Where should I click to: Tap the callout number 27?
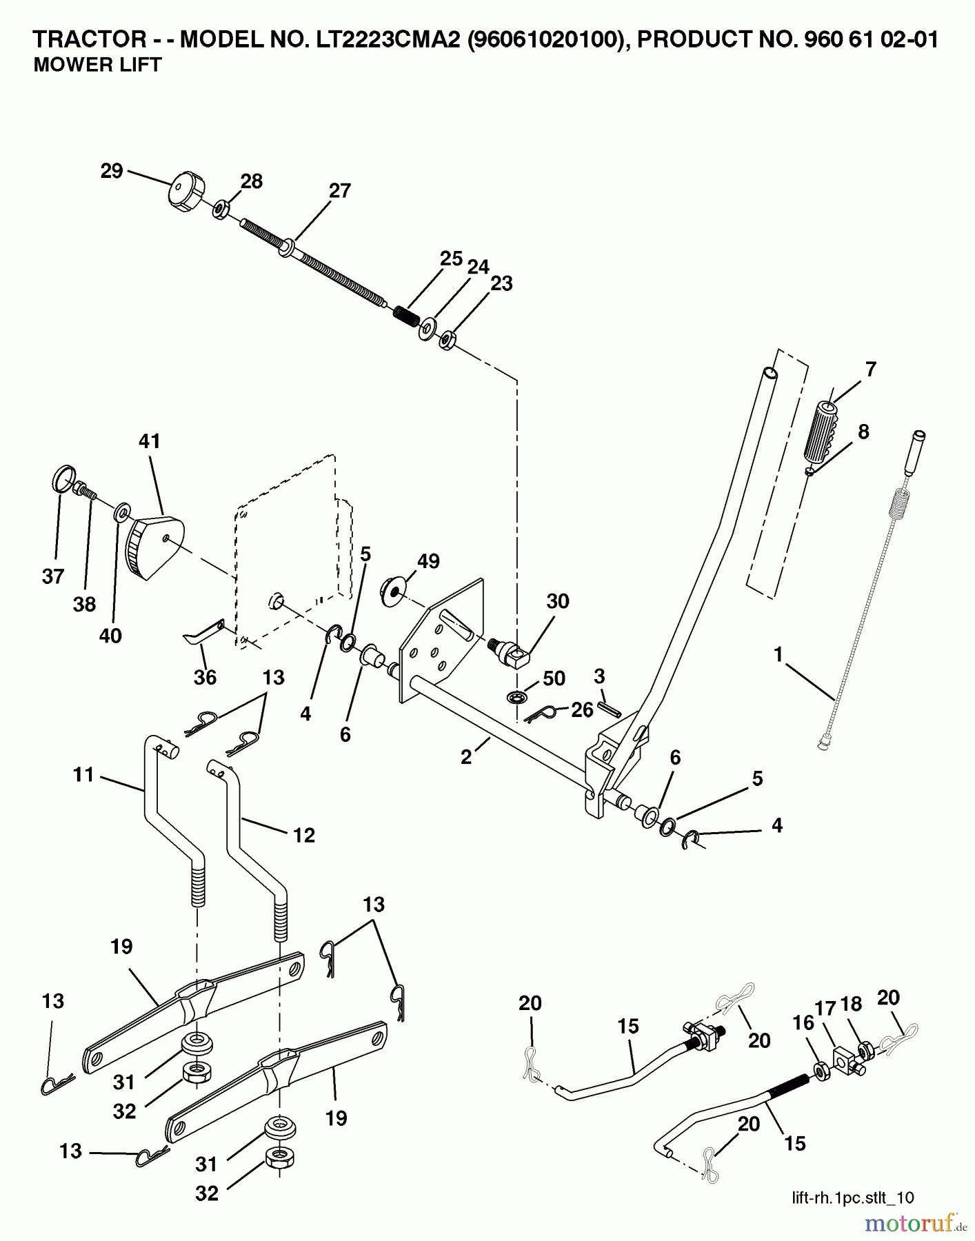pos(339,190)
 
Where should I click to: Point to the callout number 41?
pos(149,441)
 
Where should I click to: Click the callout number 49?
pos(428,561)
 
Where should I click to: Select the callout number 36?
pos(205,677)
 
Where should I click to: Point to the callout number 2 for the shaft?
pos(467,757)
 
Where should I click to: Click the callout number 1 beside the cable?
pos(778,654)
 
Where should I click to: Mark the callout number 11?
pos(83,775)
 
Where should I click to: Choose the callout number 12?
pos(303,836)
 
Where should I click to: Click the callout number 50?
pos(554,678)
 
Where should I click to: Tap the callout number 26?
pos(582,709)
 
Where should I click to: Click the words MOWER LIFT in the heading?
pos(97,65)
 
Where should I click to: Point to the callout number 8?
pos(863,432)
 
